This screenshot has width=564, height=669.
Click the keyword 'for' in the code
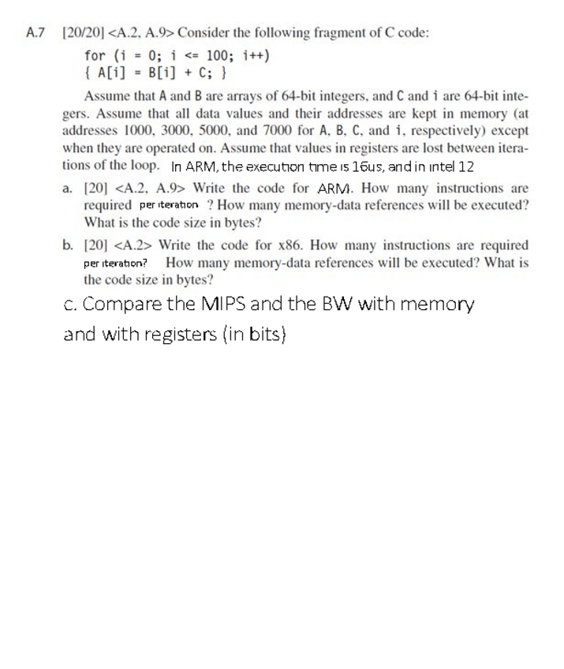coord(94,56)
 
